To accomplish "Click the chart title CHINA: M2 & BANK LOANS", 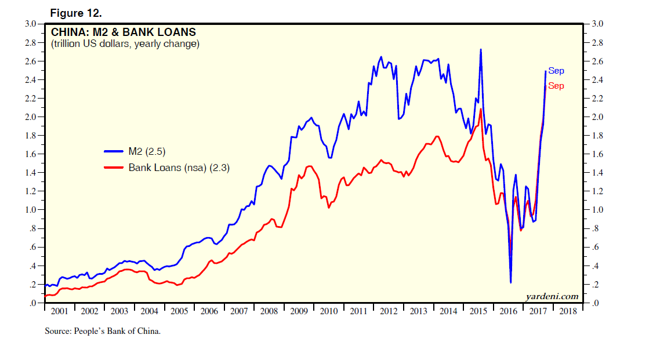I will click(124, 32).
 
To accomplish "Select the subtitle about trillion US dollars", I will click(125, 44).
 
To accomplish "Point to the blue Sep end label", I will click(556, 71).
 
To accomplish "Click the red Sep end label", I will click(556, 86).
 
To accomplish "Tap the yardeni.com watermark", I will click(552, 296).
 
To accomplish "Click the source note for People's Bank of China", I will click(102, 332).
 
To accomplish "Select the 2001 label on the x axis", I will click(59, 311).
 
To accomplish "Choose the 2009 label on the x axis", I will click(298, 311).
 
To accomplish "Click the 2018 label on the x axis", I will click(567, 311).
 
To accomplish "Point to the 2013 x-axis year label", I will click(418, 311).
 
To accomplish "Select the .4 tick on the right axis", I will click(596, 266).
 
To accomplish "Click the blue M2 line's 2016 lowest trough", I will click(510, 282).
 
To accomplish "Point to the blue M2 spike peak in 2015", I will click(481, 50).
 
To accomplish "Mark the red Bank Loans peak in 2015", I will click(480, 109).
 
